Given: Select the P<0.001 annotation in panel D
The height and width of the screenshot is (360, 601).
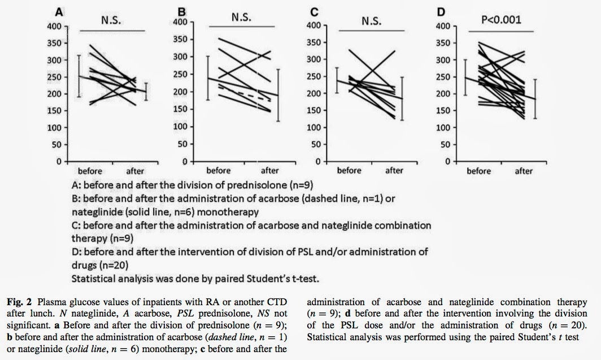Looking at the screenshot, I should (500, 21).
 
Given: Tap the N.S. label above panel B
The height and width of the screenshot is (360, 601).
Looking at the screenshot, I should (242, 18).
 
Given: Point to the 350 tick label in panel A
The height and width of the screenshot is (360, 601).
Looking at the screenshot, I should (58, 43).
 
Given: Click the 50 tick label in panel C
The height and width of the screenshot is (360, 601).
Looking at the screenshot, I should (312, 145).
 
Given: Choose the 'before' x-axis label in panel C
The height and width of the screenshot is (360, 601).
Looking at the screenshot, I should (349, 170).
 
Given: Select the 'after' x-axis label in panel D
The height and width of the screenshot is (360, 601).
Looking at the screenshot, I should (524, 171).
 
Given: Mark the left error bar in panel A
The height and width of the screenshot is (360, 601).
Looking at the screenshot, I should (80, 76).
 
